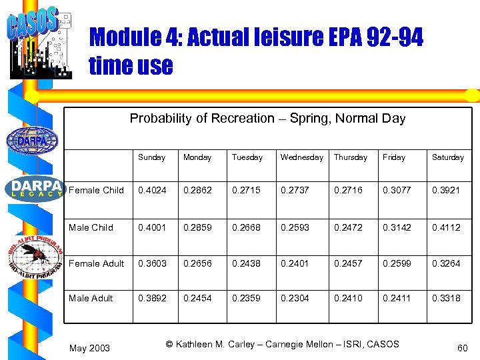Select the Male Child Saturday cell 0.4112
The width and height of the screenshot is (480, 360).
[x=446, y=227]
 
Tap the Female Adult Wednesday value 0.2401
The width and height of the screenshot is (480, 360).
[x=294, y=263]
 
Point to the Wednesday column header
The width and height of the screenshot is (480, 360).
[x=301, y=157]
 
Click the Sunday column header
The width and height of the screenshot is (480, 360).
[x=151, y=157]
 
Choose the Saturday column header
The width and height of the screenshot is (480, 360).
[x=447, y=157]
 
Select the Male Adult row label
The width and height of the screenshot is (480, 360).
[x=91, y=298]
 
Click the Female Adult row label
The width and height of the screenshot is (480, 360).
[x=97, y=263]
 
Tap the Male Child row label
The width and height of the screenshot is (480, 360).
[x=91, y=227]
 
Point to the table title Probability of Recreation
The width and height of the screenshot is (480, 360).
[x=267, y=119]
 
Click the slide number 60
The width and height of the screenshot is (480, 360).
[x=463, y=347]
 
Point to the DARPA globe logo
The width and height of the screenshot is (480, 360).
[x=31, y=140]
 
